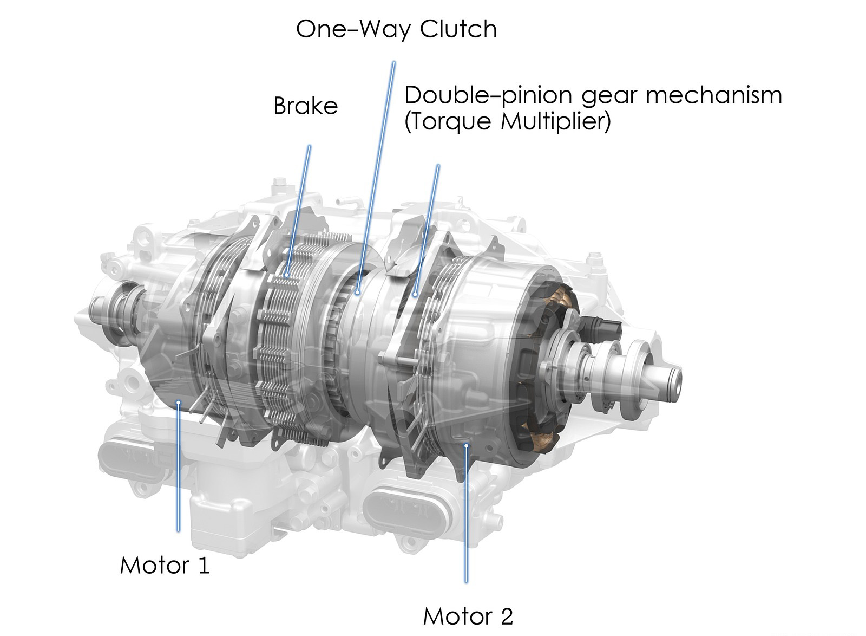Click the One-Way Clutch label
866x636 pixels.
(396, 29)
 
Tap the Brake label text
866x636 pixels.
(305, 106)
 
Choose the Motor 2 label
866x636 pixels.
(468, 616)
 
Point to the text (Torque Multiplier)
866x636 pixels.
(507, 122)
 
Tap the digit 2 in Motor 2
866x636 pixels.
(504, 616)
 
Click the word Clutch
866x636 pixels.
(458, 29)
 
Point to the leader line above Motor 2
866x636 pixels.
(466, 515)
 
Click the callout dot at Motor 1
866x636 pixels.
(179, 401)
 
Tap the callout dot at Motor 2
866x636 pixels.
(466, 445)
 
